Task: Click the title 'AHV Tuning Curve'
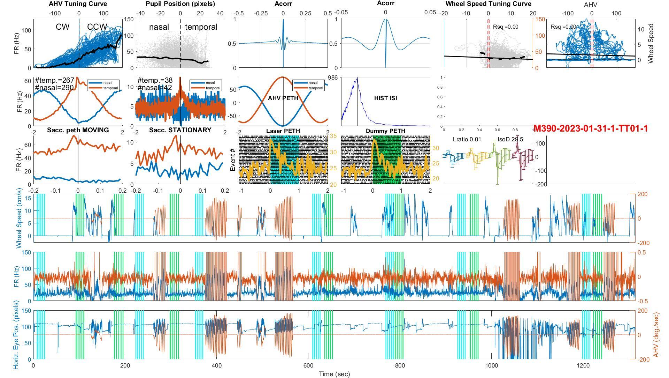click(x=78, y=4)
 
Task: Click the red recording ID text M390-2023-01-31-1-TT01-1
click(x=590, y=128)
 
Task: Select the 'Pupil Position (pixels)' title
click(x=180, y=4)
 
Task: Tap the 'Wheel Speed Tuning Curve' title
click(x=488, y=4)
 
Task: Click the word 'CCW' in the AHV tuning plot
click(x=97, y=27)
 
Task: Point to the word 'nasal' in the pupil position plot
click(x=159, y=27)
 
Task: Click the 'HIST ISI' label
click(x=385, y=98)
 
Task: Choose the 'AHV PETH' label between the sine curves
click(x=283, y=98)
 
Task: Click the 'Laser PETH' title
click(x=283, y=131)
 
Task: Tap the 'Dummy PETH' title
click(x=385, y=131)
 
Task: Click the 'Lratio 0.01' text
click(x=467, y=140)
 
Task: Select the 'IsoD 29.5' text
click(x=510, y=140)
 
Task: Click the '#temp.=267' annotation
click(x=54, y=81)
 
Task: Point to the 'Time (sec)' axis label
click(x=334, y=374)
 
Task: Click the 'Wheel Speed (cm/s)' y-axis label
click(x=19, y=218)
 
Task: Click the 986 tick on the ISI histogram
click(x=333, y=78)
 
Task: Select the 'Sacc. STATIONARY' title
click(x=180, y=130)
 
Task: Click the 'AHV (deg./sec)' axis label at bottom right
click(x=656, y=335)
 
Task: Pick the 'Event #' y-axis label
click(x=233, y=160)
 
